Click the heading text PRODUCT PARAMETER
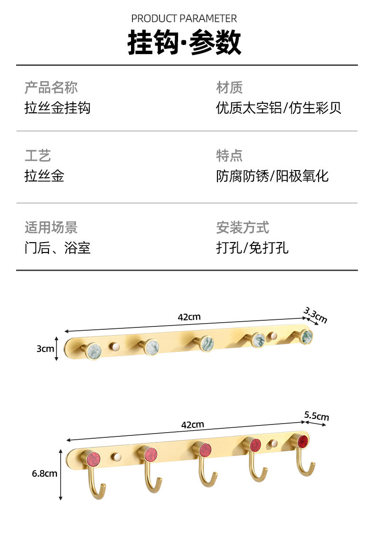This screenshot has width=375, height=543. coord(184,18)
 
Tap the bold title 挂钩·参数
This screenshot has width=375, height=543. coord(184,43)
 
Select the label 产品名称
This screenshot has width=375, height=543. coord(51,88)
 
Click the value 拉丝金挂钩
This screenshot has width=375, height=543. coord(57,108)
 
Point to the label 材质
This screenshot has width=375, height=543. coord(229,88)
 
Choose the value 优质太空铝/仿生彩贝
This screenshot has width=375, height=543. coord(279,108)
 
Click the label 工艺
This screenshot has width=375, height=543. coord(37,155)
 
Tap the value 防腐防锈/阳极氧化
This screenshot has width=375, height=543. coord(272,176)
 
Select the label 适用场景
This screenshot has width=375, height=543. coord(51,227)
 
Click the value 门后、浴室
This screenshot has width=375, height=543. coord(57,248)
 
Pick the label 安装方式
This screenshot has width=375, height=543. coord(243,227)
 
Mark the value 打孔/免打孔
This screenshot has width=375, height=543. coord(252,248)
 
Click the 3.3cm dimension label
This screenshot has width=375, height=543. coord(316,315)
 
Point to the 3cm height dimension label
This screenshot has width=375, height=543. coord(45,349)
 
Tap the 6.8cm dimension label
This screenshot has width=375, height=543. coord(45,473)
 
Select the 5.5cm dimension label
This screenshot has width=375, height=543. coord(317,416)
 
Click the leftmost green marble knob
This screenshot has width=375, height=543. coord(93,351)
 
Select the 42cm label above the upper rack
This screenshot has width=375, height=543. coord(189,317)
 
